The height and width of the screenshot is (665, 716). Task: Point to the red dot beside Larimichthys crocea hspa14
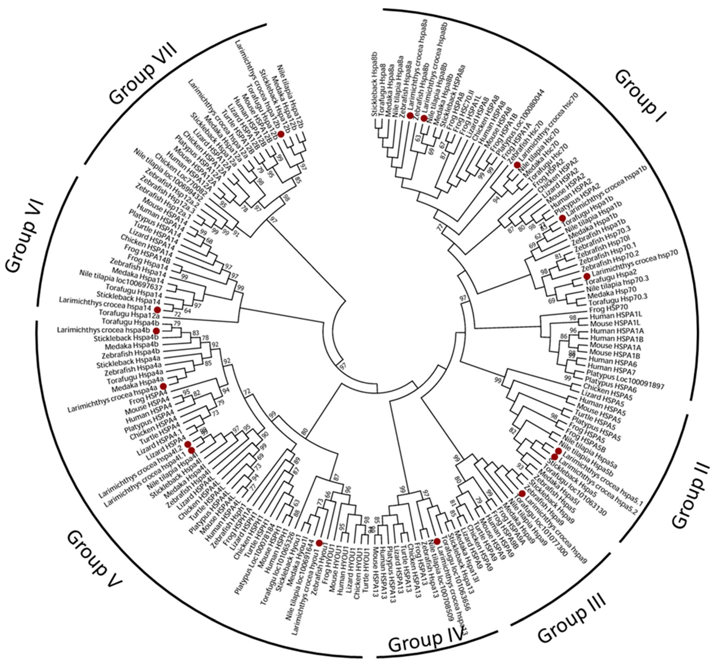[x=157, y=309]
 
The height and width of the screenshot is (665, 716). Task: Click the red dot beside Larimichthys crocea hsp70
[x=587, y=276]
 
